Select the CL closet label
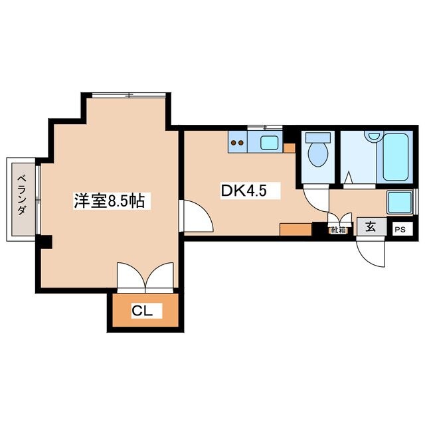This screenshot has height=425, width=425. [144, 310]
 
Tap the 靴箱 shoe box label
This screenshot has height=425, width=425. [338, 230]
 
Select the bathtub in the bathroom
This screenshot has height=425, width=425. [394, 158]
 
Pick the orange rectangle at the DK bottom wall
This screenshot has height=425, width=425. [296, 230]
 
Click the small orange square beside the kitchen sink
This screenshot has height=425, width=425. [289, 147]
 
